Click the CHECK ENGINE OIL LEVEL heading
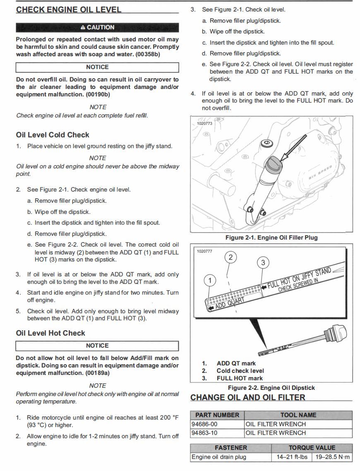coord(69,10)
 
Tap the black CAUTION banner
coord(97,27)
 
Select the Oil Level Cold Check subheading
coord(53,135)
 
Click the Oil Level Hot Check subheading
coord(50,333)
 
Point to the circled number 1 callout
coord(210,281)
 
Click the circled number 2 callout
coord(230,257)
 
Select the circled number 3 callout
coord(263,262)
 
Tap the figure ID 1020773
coord(204,123)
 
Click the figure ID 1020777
coord(204,251)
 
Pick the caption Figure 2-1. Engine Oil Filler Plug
coord(271,238)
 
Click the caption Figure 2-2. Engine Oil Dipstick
coord(271,388)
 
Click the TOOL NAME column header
coord(298,415)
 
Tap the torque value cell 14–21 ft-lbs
coord(292,457)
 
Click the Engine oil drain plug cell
coord(218,457)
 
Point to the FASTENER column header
coord(230,448)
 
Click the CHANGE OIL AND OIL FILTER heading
coord(247,398)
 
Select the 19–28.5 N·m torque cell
coord(332,457)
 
